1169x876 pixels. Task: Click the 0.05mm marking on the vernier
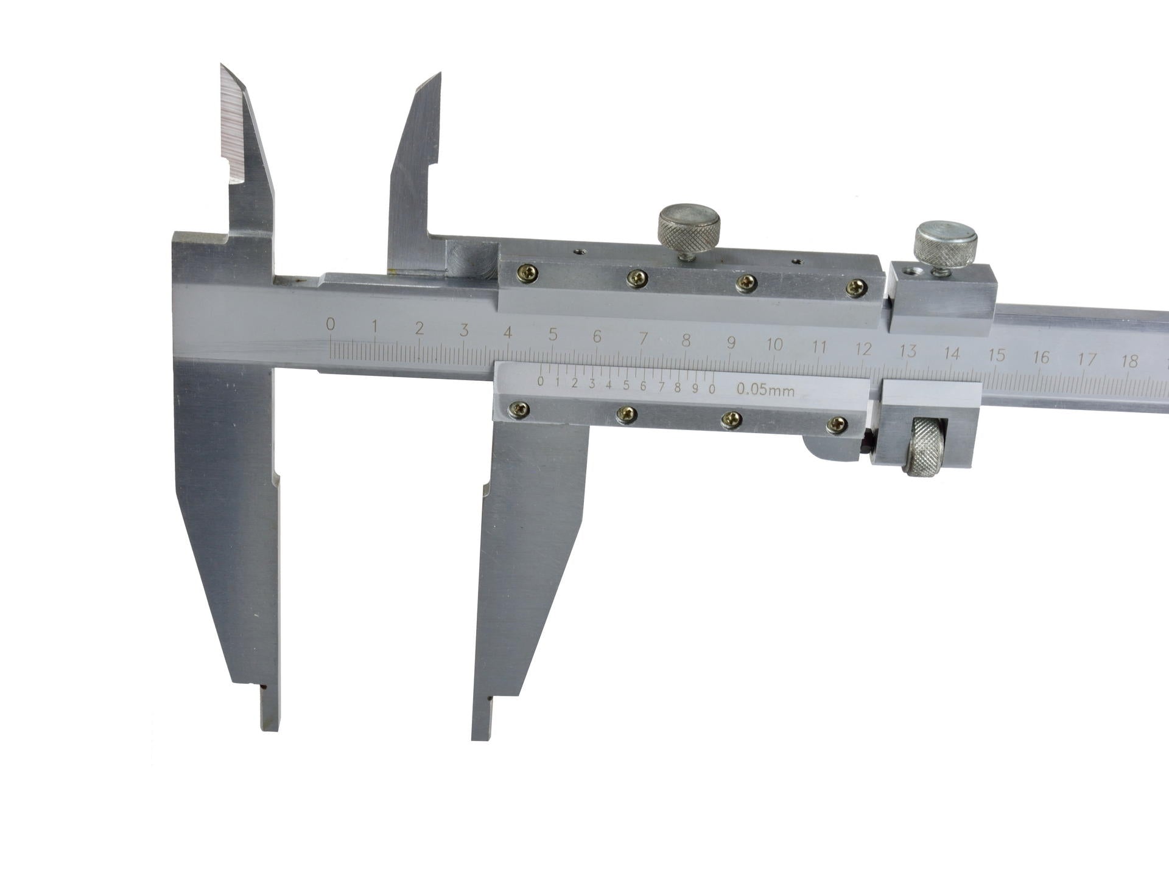(x=765, y=389)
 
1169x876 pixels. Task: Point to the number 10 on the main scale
(x=774, y=344)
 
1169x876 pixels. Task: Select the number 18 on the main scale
(x=1129, y=361)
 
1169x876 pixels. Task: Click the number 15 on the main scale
(x=997, y=355)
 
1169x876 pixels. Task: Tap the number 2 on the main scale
(x=420, y=328)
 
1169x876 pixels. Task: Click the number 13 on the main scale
(x=908, y=350)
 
